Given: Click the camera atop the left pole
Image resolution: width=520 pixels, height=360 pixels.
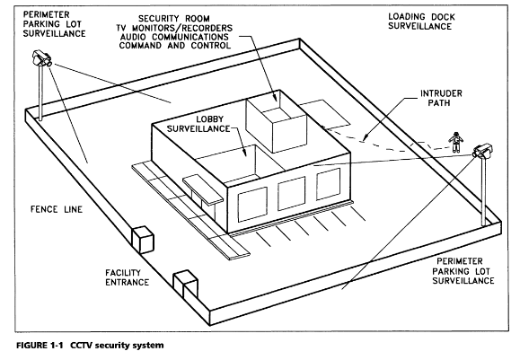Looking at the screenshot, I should click(41, 59).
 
